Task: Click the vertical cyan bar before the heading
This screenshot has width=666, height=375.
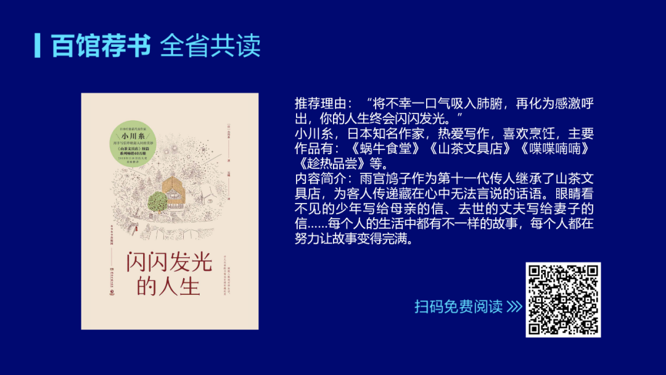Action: (38, 45)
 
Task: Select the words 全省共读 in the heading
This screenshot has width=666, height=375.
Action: (210, 45)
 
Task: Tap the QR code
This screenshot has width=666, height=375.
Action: (563, 299)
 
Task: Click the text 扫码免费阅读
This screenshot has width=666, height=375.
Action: (458, 307)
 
